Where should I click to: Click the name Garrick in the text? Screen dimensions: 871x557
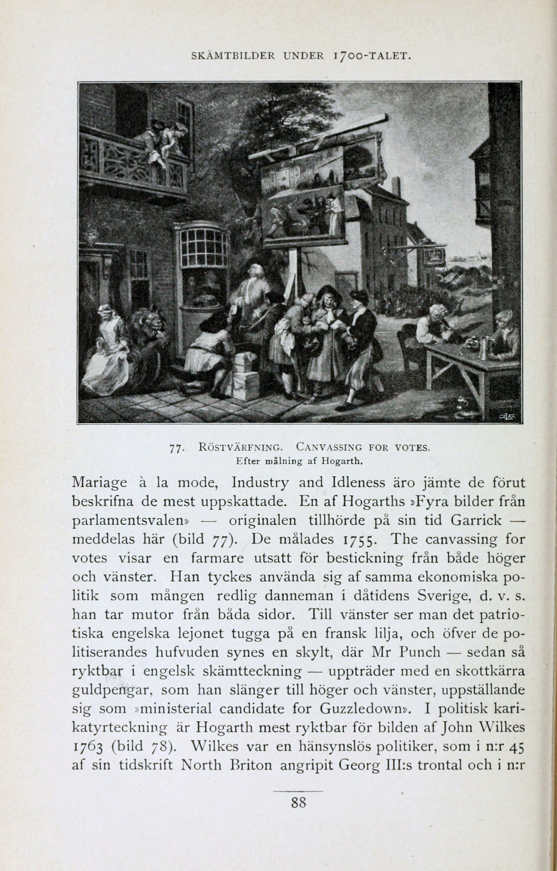[x=476, y=520]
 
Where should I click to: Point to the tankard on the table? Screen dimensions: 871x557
[x=483, y=348]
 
